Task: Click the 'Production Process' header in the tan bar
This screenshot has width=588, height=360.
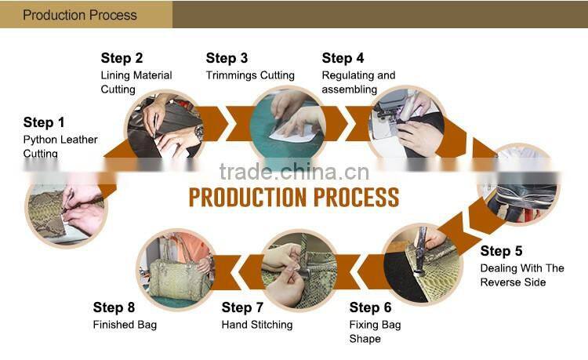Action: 80,15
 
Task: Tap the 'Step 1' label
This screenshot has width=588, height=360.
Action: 44,122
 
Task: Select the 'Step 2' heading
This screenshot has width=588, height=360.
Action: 122,58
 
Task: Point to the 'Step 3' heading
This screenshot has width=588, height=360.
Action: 227,58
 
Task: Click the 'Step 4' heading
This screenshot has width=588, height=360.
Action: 343,58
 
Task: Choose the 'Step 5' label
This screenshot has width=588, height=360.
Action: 502,251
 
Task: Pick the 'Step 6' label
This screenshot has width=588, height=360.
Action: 371,307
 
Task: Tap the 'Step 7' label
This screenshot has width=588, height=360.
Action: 242,307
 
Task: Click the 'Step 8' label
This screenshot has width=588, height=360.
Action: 114,307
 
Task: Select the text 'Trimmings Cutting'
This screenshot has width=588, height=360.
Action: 250,75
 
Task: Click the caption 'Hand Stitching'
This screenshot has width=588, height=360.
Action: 257,325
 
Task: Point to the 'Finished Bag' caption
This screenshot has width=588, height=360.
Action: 125,325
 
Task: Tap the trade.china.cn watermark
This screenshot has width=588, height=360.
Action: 294,172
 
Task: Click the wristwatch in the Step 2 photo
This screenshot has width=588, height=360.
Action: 198,133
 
